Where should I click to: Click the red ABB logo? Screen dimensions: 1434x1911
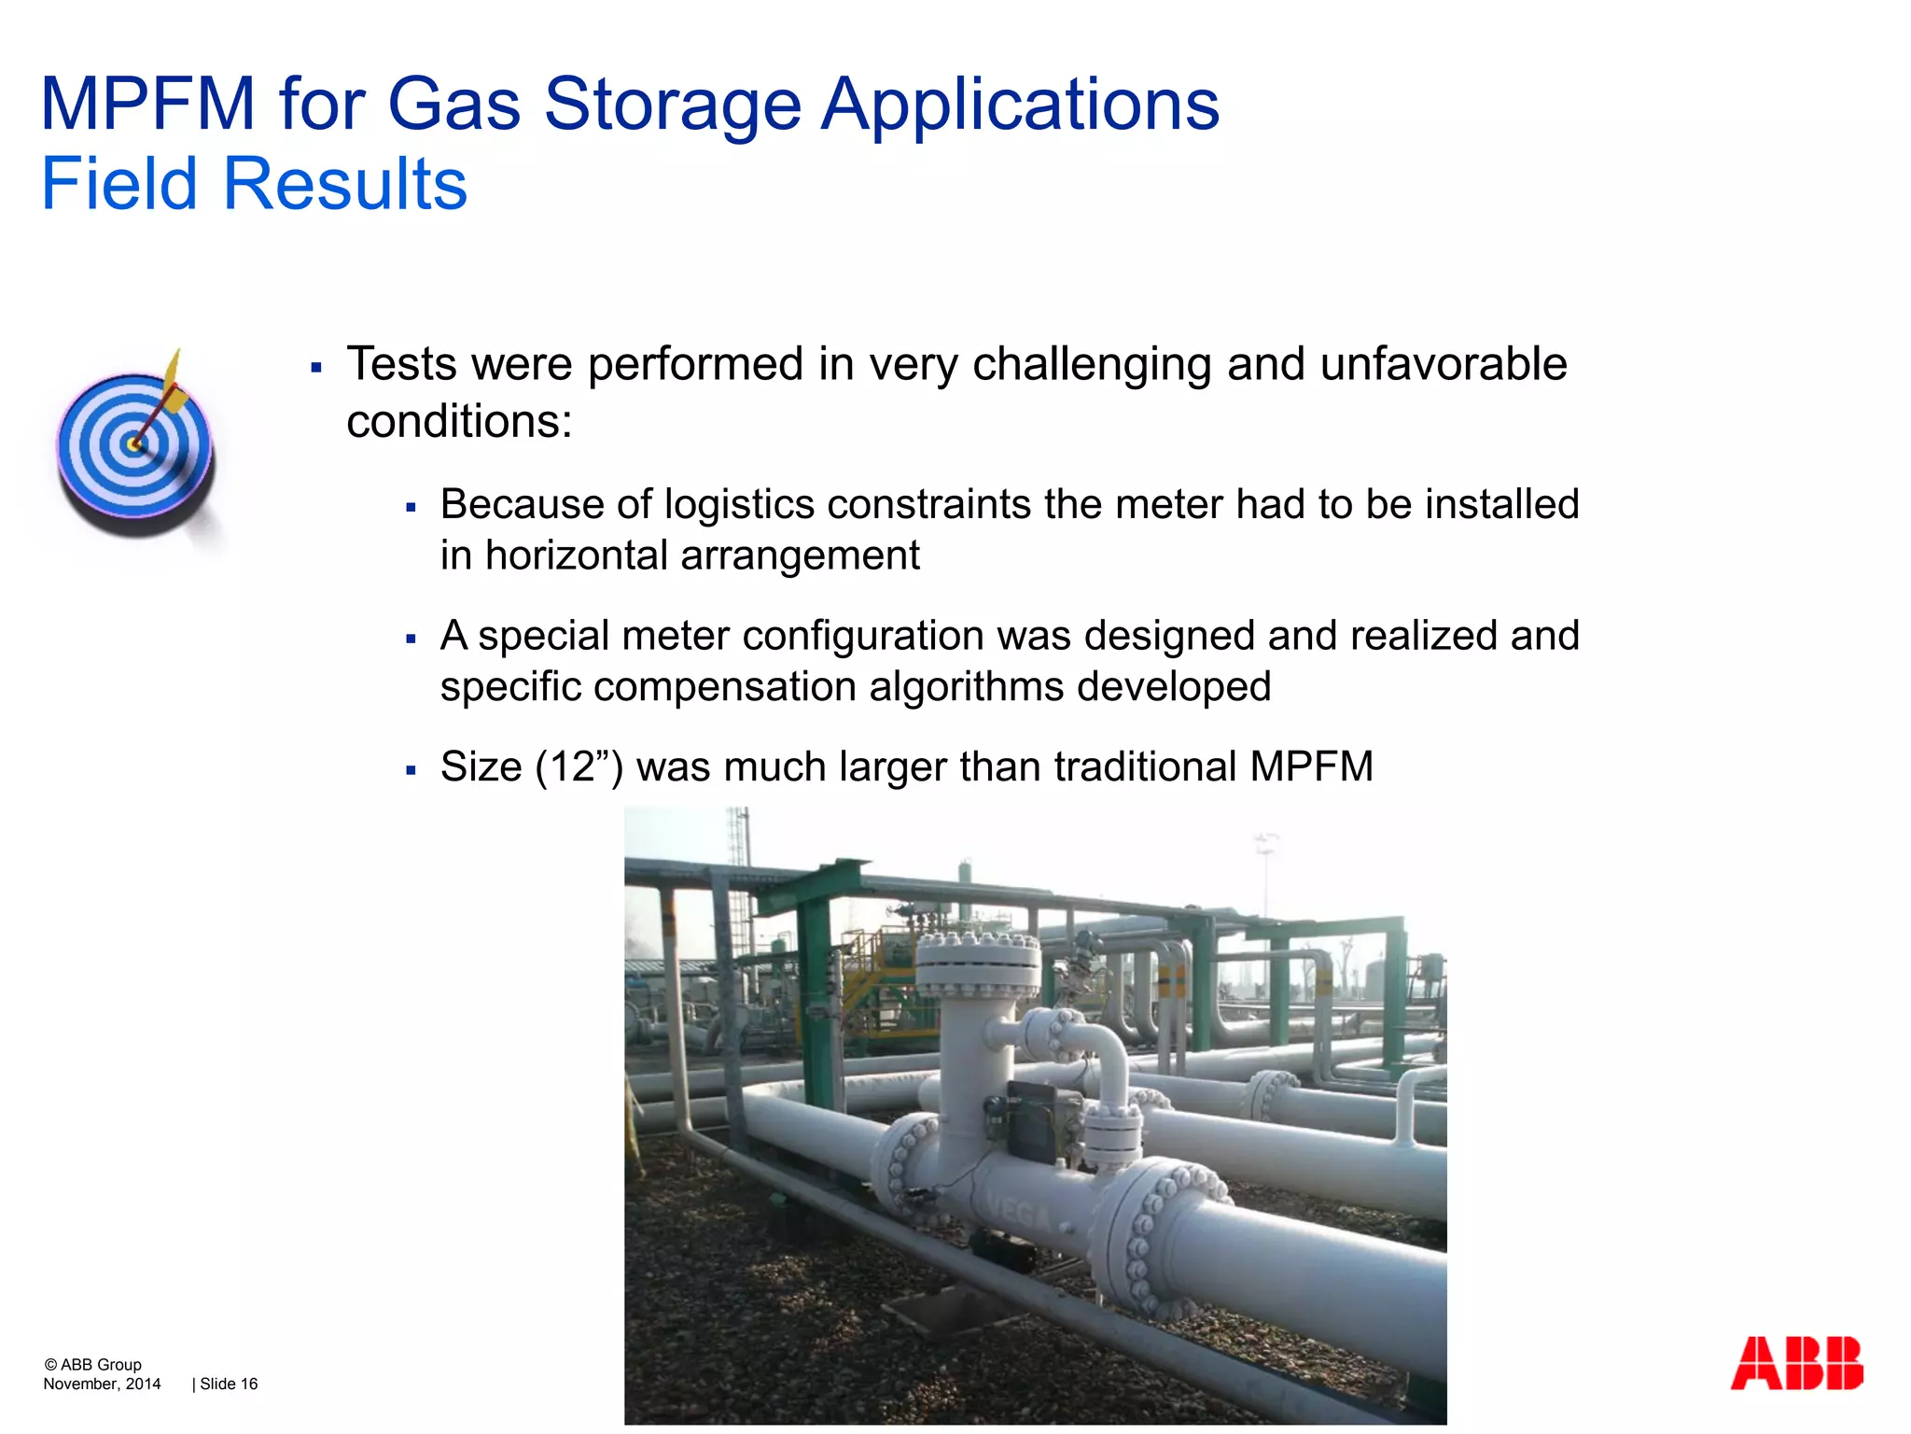(1796, 1363)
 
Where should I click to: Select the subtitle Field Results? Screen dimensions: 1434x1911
(254, 184)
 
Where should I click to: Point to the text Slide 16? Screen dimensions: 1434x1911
(229, 1384)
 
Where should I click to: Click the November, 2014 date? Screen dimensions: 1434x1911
(102, 1384)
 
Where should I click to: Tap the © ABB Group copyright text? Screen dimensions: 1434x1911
(92, 1364)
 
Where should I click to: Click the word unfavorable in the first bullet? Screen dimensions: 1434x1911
(1444, 364)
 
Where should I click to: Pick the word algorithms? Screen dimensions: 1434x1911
(967, 687)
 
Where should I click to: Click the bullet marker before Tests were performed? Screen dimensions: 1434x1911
(316, 368)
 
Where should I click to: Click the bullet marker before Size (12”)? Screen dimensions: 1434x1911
(411, 771)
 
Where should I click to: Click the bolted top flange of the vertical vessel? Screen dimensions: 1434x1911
(977, 962)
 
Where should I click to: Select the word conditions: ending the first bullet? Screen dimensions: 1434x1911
(459, 422)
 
